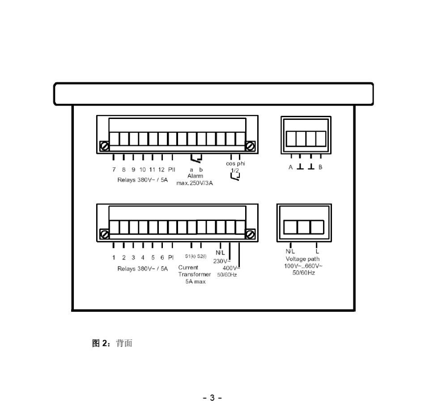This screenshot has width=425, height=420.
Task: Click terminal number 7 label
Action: pyautogui.click(x=114, y=170)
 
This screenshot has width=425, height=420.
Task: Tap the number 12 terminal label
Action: pyautogui.click(x=161, y=170)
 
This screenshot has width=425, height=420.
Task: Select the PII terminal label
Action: pyautogui.click(x=172, y=170)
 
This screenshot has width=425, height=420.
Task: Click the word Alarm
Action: pyautogui.click(x=195, y=176)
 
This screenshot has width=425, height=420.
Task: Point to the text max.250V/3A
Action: pyautogui.click(x=195, y=183)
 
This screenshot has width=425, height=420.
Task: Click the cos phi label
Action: pyautogui.click(x=235, y=164)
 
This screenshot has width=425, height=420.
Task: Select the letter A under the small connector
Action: pyautogui.click(x=290, y=167)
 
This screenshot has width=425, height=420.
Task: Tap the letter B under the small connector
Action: pyautogui.click(x=320, y=167)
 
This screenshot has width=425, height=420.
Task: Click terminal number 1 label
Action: pyautogui.click(x=114, y=257)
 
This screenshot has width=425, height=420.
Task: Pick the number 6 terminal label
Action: pyautogui.click(x=162, y=257)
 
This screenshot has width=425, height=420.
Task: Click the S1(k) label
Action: pyautogui.click(x=190, y=257)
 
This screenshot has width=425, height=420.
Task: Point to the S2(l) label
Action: pyautogui.click(x=202, y=257)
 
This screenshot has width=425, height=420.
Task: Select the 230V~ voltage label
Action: pyautogui.click(x=222, y=261)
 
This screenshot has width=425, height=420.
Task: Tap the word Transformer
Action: pyautogui.click(x=195, y=274)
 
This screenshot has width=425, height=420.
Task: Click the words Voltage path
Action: pyautogui.click(x=303, y=259)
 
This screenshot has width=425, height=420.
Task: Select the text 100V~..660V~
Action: pyautogui.click(x=303, y=266)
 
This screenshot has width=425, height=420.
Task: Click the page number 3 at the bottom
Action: pyautogui.click(x=212, y=398)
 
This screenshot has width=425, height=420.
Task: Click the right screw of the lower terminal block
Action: pyautogui.click(x=251, y=234)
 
